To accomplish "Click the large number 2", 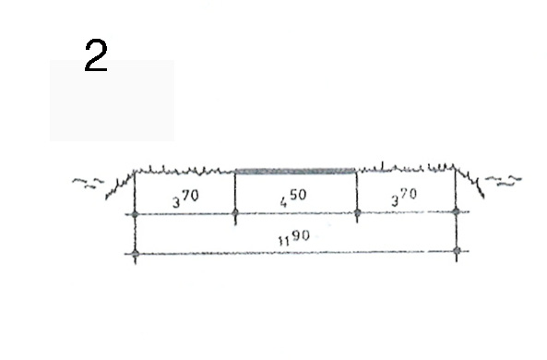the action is tap(96, 55).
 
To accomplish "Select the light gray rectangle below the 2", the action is tap(112, 101).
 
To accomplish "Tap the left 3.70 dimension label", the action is tap(185, 198).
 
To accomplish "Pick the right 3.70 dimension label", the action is tap(404, 197).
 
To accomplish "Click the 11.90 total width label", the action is tap(293, 238).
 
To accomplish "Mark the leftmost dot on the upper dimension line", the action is tap(136, 214).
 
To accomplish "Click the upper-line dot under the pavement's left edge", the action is tap(235, 212).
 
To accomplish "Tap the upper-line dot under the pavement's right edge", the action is tap(357, 212).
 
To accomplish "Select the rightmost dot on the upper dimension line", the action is tap(456, 210).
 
